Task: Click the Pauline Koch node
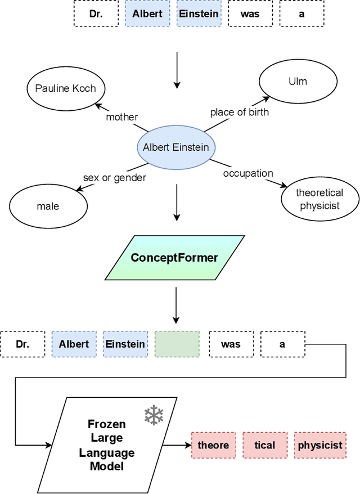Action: coord(66,88)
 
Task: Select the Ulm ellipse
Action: coord(298,81)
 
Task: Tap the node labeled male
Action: coord(48,206)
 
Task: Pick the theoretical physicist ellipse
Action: coord(319,200)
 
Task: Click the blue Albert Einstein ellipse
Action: coord(176,147)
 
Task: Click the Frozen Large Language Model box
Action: coord(107,445)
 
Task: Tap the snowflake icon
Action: coord(153,415)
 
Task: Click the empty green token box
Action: coord(177,344)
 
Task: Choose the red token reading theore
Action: coord(213,445)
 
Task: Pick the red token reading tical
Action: coord(264,445)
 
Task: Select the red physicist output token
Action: coord(320,445)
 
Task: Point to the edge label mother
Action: coord(122,117)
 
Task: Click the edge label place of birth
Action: coord(240,112)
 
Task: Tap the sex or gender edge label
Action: coord(114,178)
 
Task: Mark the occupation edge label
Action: coord(248,173)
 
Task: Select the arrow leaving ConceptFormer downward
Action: coord(177,305)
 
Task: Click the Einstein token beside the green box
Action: coord(125,344)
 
